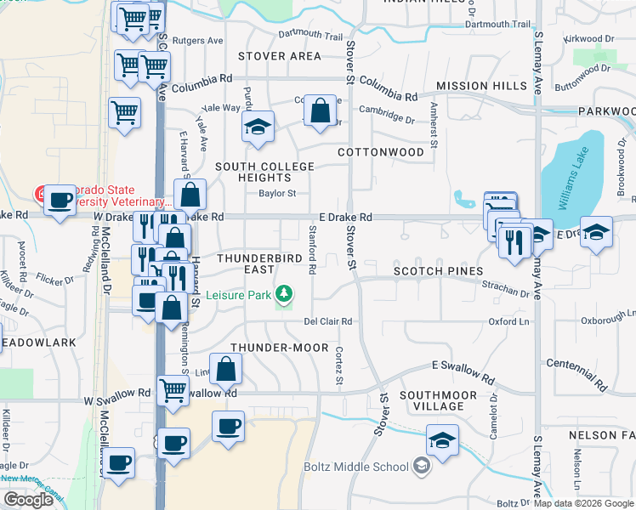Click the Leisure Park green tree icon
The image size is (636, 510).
pos(286,295)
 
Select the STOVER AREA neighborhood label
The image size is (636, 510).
pos(280,56)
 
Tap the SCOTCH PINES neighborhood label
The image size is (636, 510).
pos(438,271)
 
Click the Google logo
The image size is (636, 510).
pos(28,500)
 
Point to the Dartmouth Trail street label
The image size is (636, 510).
pos(310,36)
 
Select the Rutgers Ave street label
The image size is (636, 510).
pos(202,40)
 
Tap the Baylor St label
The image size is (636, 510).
pos(277,193)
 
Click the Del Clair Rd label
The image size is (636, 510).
pos(328,321)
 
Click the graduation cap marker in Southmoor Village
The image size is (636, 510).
pos(442,441)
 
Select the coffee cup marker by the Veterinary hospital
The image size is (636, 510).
pos(60,201)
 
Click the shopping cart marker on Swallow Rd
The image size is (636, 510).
pos(173,391)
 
